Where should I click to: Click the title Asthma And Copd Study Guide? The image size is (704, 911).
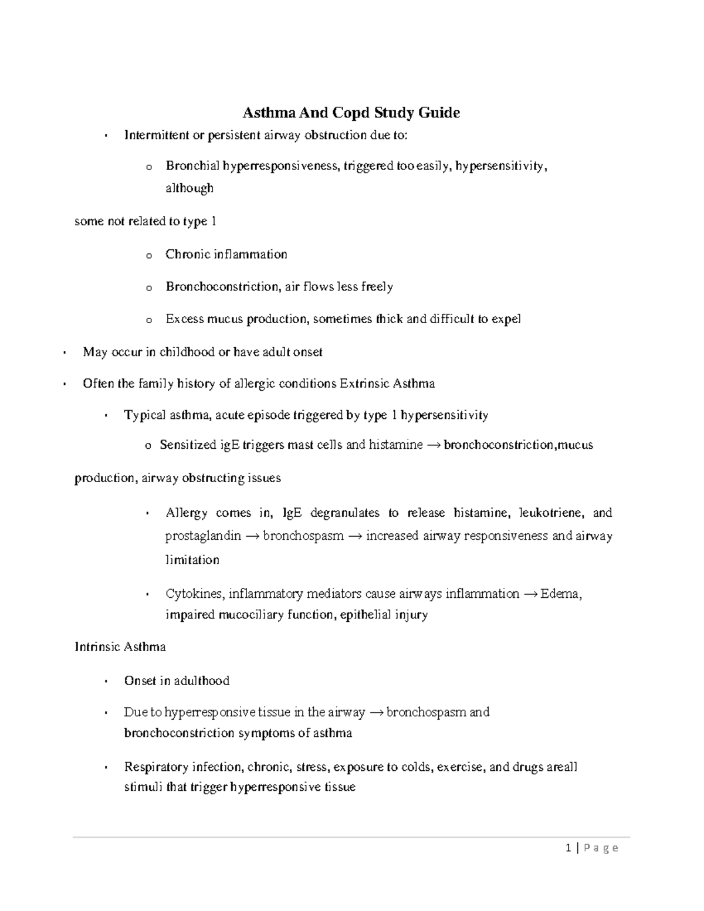tap(351, 113)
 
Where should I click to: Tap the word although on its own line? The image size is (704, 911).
tap(189, 188)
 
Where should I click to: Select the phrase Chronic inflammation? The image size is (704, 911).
tap(226, 255)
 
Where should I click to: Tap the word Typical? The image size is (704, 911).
tap(144, 415)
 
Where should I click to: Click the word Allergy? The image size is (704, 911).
tap(187, 513)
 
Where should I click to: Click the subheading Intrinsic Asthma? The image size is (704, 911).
tap(120, 647)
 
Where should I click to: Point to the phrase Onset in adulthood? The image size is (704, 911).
tap(177, 681)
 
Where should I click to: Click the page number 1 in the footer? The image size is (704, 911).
tap(568, 848)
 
